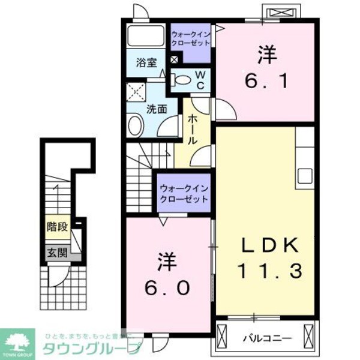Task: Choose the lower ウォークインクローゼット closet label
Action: [184, 193]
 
